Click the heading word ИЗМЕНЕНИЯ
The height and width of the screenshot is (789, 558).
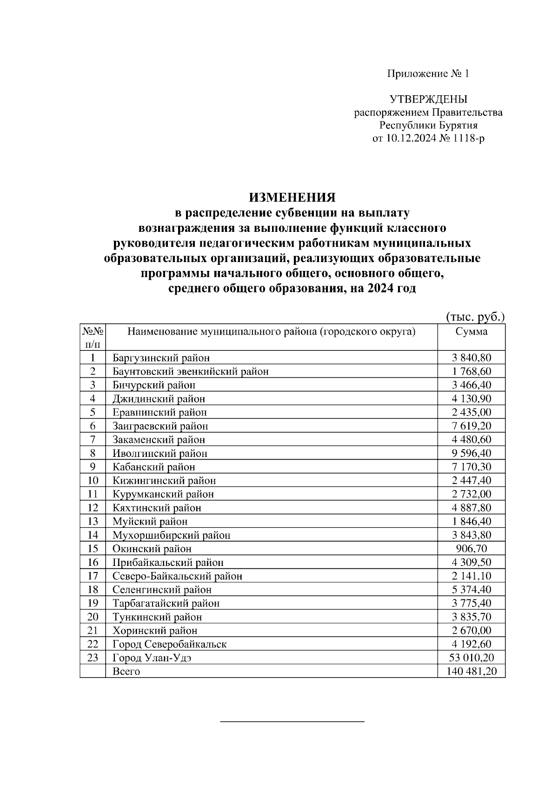(x=292, y=197)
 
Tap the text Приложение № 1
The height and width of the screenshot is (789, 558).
(x=428, y=74)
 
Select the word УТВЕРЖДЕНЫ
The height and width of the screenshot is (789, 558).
(x=428, y=99)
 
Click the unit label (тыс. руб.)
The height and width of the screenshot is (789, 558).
(x=475, y=317)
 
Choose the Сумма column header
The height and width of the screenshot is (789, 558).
(x=471, y=332)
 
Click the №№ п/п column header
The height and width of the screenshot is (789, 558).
(x=93, y=338)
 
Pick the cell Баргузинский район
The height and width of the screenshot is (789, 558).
(x=161, y=358)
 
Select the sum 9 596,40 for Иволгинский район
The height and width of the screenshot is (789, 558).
(x=471, y=453)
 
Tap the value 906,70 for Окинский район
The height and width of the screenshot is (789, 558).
(x=471, y=549)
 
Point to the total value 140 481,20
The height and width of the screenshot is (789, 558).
(x=471, y=671)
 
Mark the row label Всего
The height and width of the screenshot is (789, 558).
(x=126, y=671)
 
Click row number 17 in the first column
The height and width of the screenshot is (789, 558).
(x=93, y=576)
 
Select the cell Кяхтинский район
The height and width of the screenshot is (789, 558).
(x=157, y=508)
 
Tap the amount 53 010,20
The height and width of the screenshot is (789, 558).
(x=471, y=658)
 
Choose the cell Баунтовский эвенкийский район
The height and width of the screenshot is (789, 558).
(x=190, y=371)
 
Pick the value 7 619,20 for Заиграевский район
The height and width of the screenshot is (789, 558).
(x=471, y=426)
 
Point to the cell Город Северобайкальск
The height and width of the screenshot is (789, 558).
(x=169, y=644)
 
